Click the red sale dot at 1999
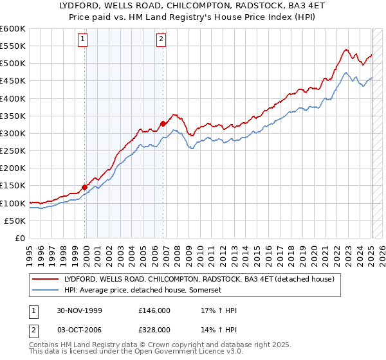85,187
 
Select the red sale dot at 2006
163,123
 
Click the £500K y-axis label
12,63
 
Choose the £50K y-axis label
15,221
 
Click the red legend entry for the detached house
199,279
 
